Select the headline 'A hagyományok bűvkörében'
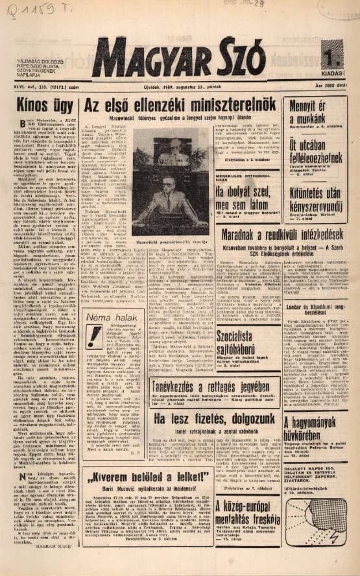point(316,429)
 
